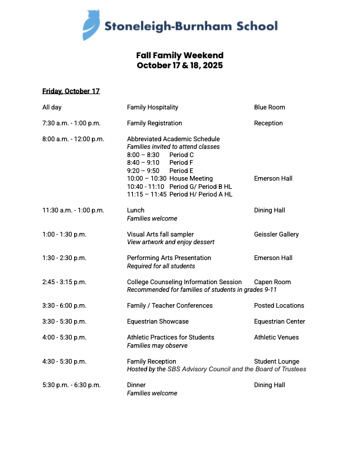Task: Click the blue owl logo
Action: pos(92,25)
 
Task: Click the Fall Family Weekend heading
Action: pos(179,56)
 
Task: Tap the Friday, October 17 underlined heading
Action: pos(71,91)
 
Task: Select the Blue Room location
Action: pos(269,107)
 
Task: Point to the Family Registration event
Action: pos(154,123)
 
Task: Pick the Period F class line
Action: pos(160,162)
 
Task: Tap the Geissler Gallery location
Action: pos(276,234)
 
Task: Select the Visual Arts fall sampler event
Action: pos(160,234)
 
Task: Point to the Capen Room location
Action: pos(272,282)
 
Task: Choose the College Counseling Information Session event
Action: pos(184,282)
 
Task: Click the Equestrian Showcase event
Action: pos(158,321)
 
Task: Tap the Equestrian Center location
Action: pos(279,321)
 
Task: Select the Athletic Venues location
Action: pos(276,337)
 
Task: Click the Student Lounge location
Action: pos(276,361)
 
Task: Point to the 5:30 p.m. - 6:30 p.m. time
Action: pos(71,385)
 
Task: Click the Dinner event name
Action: pos(136,385)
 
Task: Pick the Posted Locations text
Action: pos(279,305)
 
